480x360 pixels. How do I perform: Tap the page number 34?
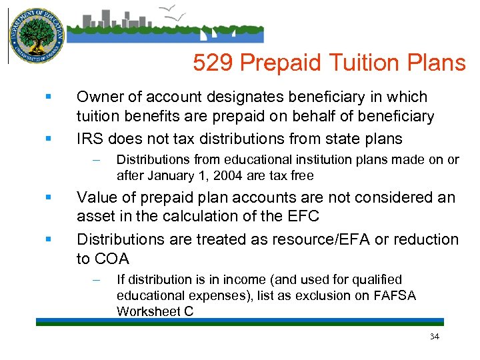pyautogui.click(x=434, y=337)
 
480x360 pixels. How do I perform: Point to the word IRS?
pyautogui.click(x=90, y=139)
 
